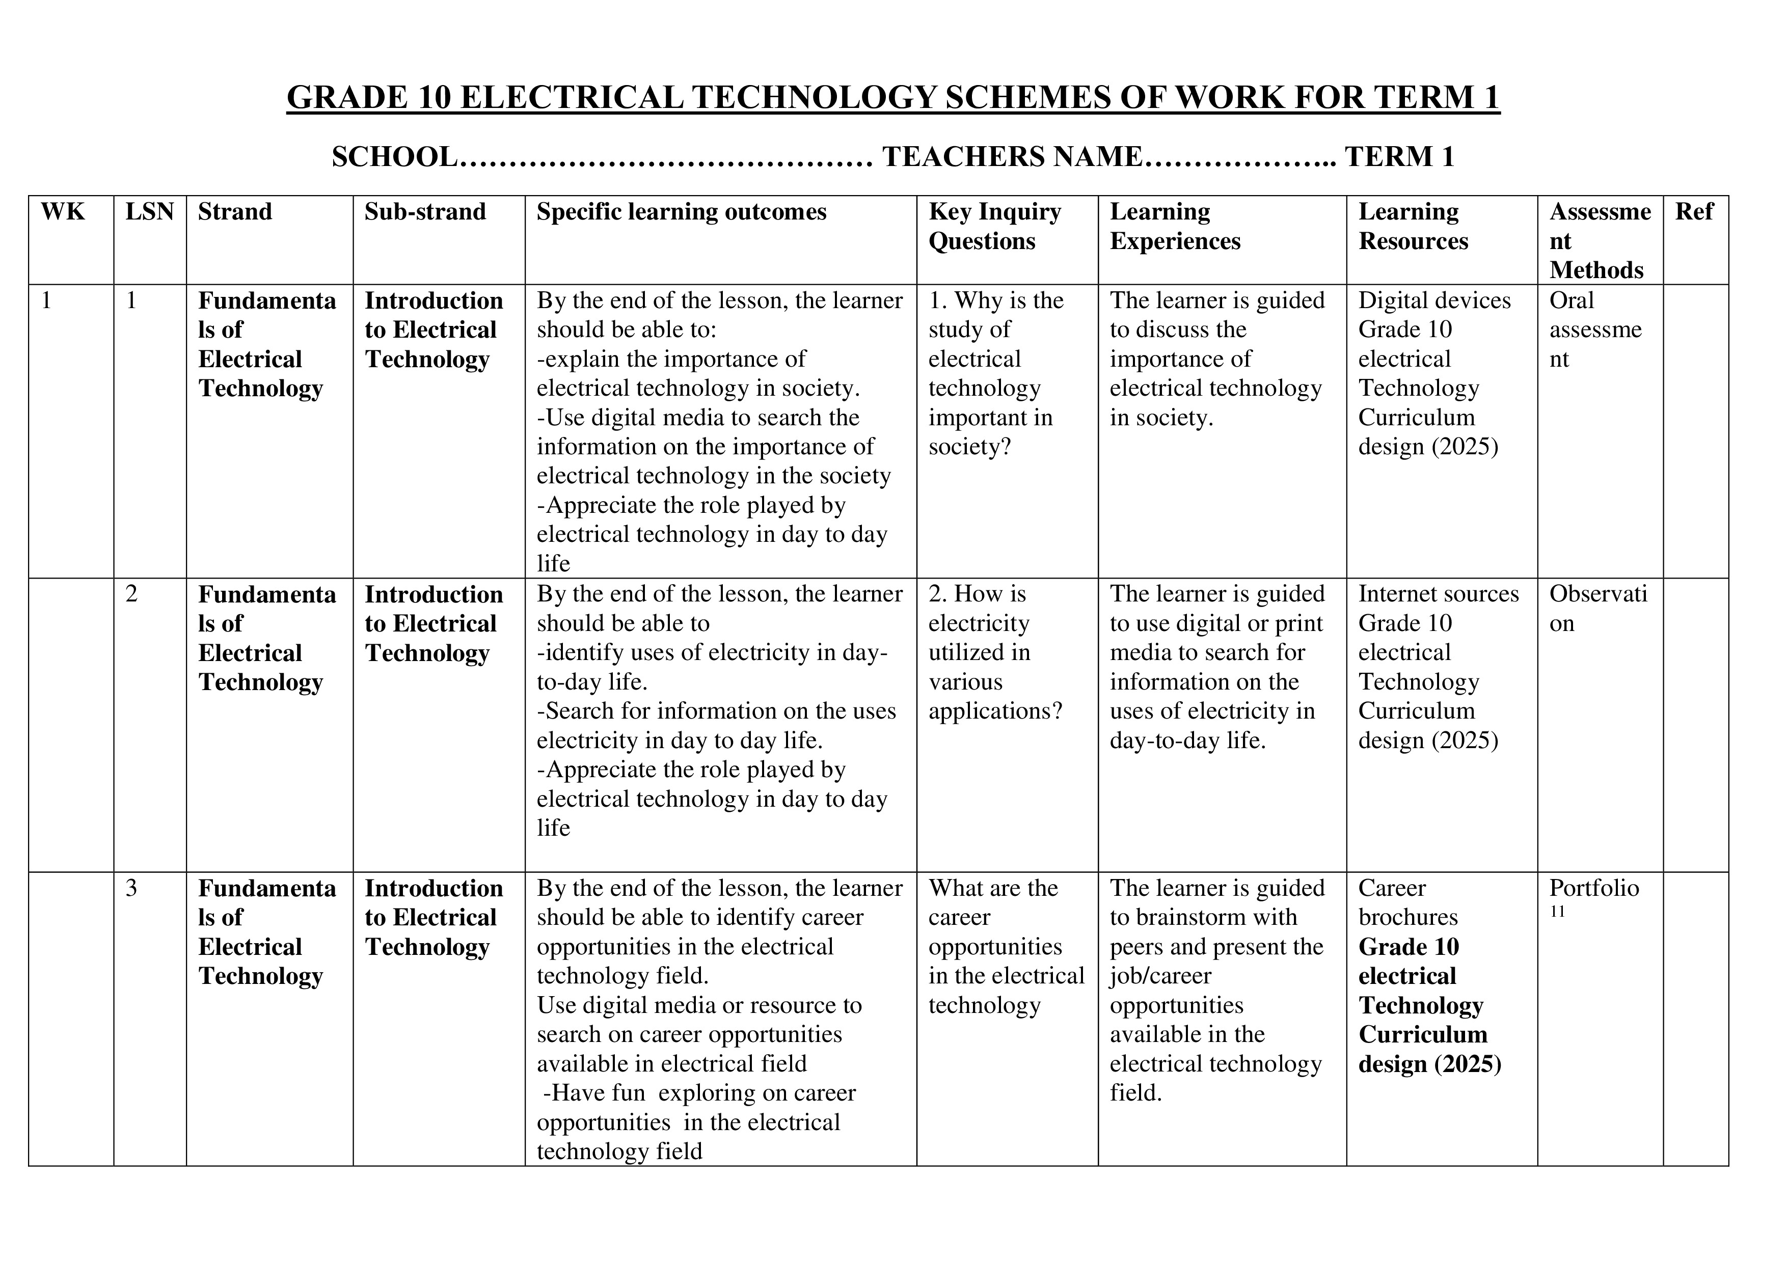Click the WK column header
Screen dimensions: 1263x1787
click(62, 212)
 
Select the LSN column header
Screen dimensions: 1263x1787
click(149, 212)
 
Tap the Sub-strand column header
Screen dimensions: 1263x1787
click(425, 212)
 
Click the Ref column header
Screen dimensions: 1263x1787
click(1694, 212)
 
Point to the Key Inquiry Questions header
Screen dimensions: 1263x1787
click(995, 226)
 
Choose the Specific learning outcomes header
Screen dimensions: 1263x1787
click(681, 212)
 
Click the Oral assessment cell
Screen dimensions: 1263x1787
click(1595, 329)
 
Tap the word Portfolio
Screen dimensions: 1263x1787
click(1593, 888)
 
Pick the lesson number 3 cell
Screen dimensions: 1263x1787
click(131, 888)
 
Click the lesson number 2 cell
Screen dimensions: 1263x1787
click(131, 594)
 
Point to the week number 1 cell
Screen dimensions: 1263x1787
click(47, 300)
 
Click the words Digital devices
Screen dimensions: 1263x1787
click(1433, 300)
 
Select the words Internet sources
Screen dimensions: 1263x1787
click(1438, 594)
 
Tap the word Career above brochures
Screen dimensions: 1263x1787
click(1392, 888)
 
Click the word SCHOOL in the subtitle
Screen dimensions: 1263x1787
click(394, 157)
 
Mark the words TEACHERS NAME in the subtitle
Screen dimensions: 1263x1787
click(1012, 157)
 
